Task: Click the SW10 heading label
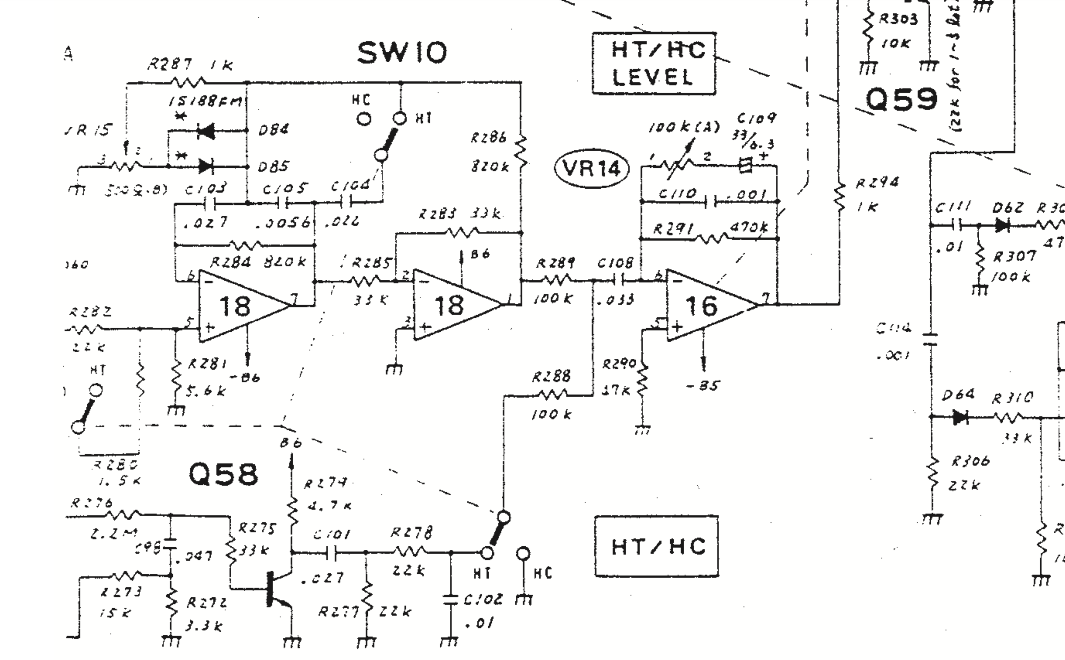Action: pos(402,52)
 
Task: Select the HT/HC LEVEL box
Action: pos(653,64)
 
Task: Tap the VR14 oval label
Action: pos(591,168)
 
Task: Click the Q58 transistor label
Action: pos(223,474)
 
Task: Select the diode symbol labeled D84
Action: pos(206,130)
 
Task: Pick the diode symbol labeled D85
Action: pos(206,166)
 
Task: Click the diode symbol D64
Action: pos(960,417)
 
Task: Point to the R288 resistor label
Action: pos(551,376)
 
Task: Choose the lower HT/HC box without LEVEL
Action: pos(657,546)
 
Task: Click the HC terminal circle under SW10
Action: pos(363,119)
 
